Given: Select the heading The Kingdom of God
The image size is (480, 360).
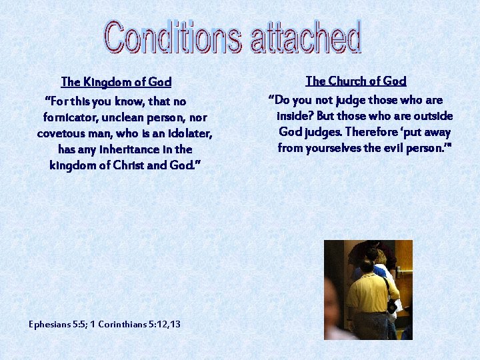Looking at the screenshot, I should point(116,82).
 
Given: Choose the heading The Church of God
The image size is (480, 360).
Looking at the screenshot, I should point(355,81).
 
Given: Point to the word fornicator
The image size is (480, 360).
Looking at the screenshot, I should point(72,117).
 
